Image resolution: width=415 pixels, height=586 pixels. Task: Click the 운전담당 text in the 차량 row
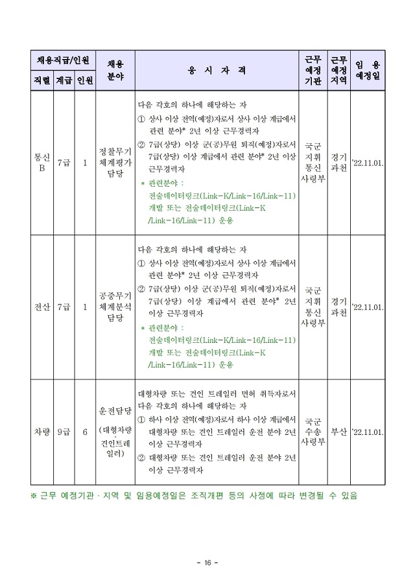coord(115,410)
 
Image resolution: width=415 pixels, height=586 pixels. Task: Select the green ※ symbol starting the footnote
coord(34,496)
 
